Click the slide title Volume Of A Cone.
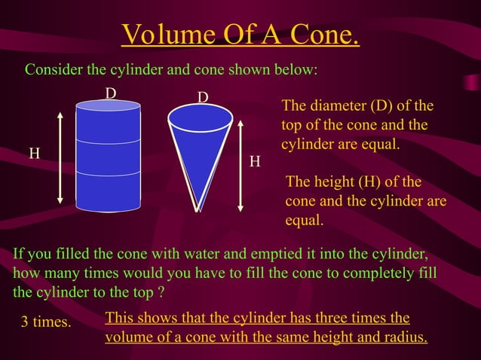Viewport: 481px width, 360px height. [240, 34]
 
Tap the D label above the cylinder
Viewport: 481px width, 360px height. [110, 93]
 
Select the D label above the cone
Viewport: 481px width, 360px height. [202, 98]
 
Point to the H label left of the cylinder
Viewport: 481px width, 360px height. [34, 154]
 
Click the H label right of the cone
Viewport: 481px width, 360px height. [256, 162]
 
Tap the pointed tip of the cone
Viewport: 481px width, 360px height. [198, 209]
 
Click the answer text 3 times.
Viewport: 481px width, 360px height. [45, 322]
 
